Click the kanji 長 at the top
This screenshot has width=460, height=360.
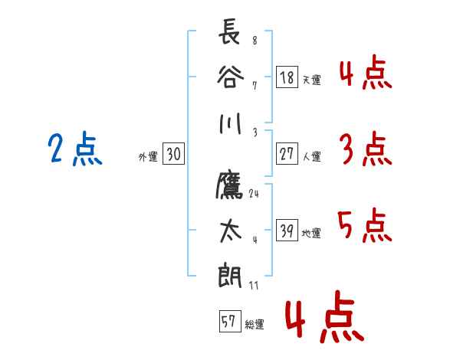230,31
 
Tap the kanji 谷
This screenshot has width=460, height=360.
230,77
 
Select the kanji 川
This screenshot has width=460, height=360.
230,123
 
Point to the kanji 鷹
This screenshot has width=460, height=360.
230,185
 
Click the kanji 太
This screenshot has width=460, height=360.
231,231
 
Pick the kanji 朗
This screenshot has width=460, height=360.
230,275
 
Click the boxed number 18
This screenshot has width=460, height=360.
287,77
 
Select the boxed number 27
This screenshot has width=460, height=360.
287,153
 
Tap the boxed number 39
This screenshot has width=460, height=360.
287,230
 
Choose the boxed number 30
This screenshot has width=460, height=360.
173,153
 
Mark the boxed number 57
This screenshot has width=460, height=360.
230,321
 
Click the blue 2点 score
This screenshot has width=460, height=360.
75,149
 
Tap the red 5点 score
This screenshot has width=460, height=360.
365,225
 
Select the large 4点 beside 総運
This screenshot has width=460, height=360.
324,317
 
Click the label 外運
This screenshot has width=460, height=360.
148,157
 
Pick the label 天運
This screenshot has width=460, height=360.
312,80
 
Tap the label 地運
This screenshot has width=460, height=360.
311,234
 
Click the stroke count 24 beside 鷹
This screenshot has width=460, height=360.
254,194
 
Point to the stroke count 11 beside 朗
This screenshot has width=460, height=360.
254,285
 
